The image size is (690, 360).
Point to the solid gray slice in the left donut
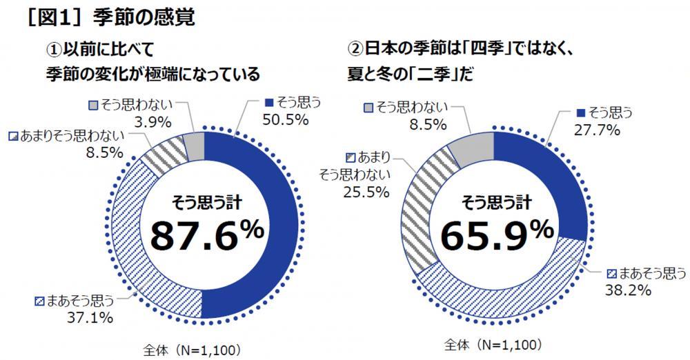(195, 146)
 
